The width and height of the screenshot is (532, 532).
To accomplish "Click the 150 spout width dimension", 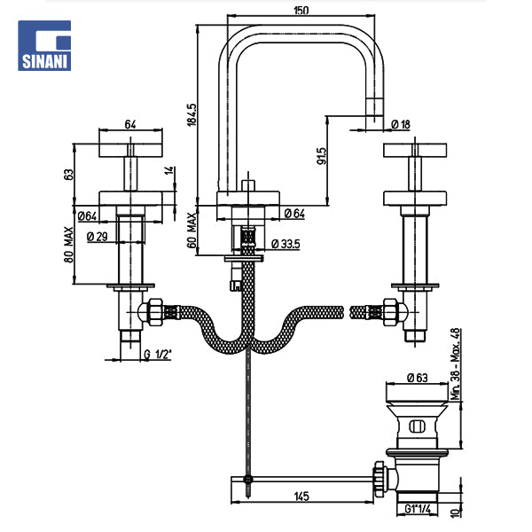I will [302, 10].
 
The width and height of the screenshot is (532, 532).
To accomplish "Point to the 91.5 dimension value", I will [322, 156].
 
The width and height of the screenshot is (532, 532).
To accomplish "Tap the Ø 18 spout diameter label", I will [399, 125].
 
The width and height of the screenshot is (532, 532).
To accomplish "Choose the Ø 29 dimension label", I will [97, 236].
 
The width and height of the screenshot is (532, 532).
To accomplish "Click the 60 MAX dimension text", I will [194, 229].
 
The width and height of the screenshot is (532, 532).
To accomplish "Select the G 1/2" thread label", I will [158, 356].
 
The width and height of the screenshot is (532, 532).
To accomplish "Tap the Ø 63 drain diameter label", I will [418, 377].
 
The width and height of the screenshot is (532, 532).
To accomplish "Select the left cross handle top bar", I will [131, 147].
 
